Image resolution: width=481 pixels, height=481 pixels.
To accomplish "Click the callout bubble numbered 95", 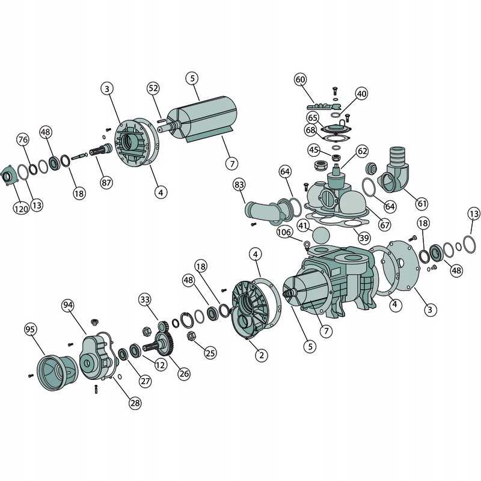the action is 31,329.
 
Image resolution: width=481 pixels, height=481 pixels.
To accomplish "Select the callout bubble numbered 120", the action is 21,209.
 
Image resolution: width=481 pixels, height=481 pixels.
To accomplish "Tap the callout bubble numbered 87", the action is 106,183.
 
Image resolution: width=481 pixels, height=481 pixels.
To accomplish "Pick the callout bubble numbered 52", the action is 153,88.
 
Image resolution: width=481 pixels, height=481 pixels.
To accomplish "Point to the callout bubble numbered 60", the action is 300,79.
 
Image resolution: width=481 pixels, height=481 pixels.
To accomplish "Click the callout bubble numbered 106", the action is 284,232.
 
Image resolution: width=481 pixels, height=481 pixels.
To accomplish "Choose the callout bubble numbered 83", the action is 239,185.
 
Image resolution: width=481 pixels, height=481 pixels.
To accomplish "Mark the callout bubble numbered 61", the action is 422,203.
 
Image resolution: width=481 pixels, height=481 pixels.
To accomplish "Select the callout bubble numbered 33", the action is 145,299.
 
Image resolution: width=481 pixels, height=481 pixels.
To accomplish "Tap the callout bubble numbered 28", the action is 135,403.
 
